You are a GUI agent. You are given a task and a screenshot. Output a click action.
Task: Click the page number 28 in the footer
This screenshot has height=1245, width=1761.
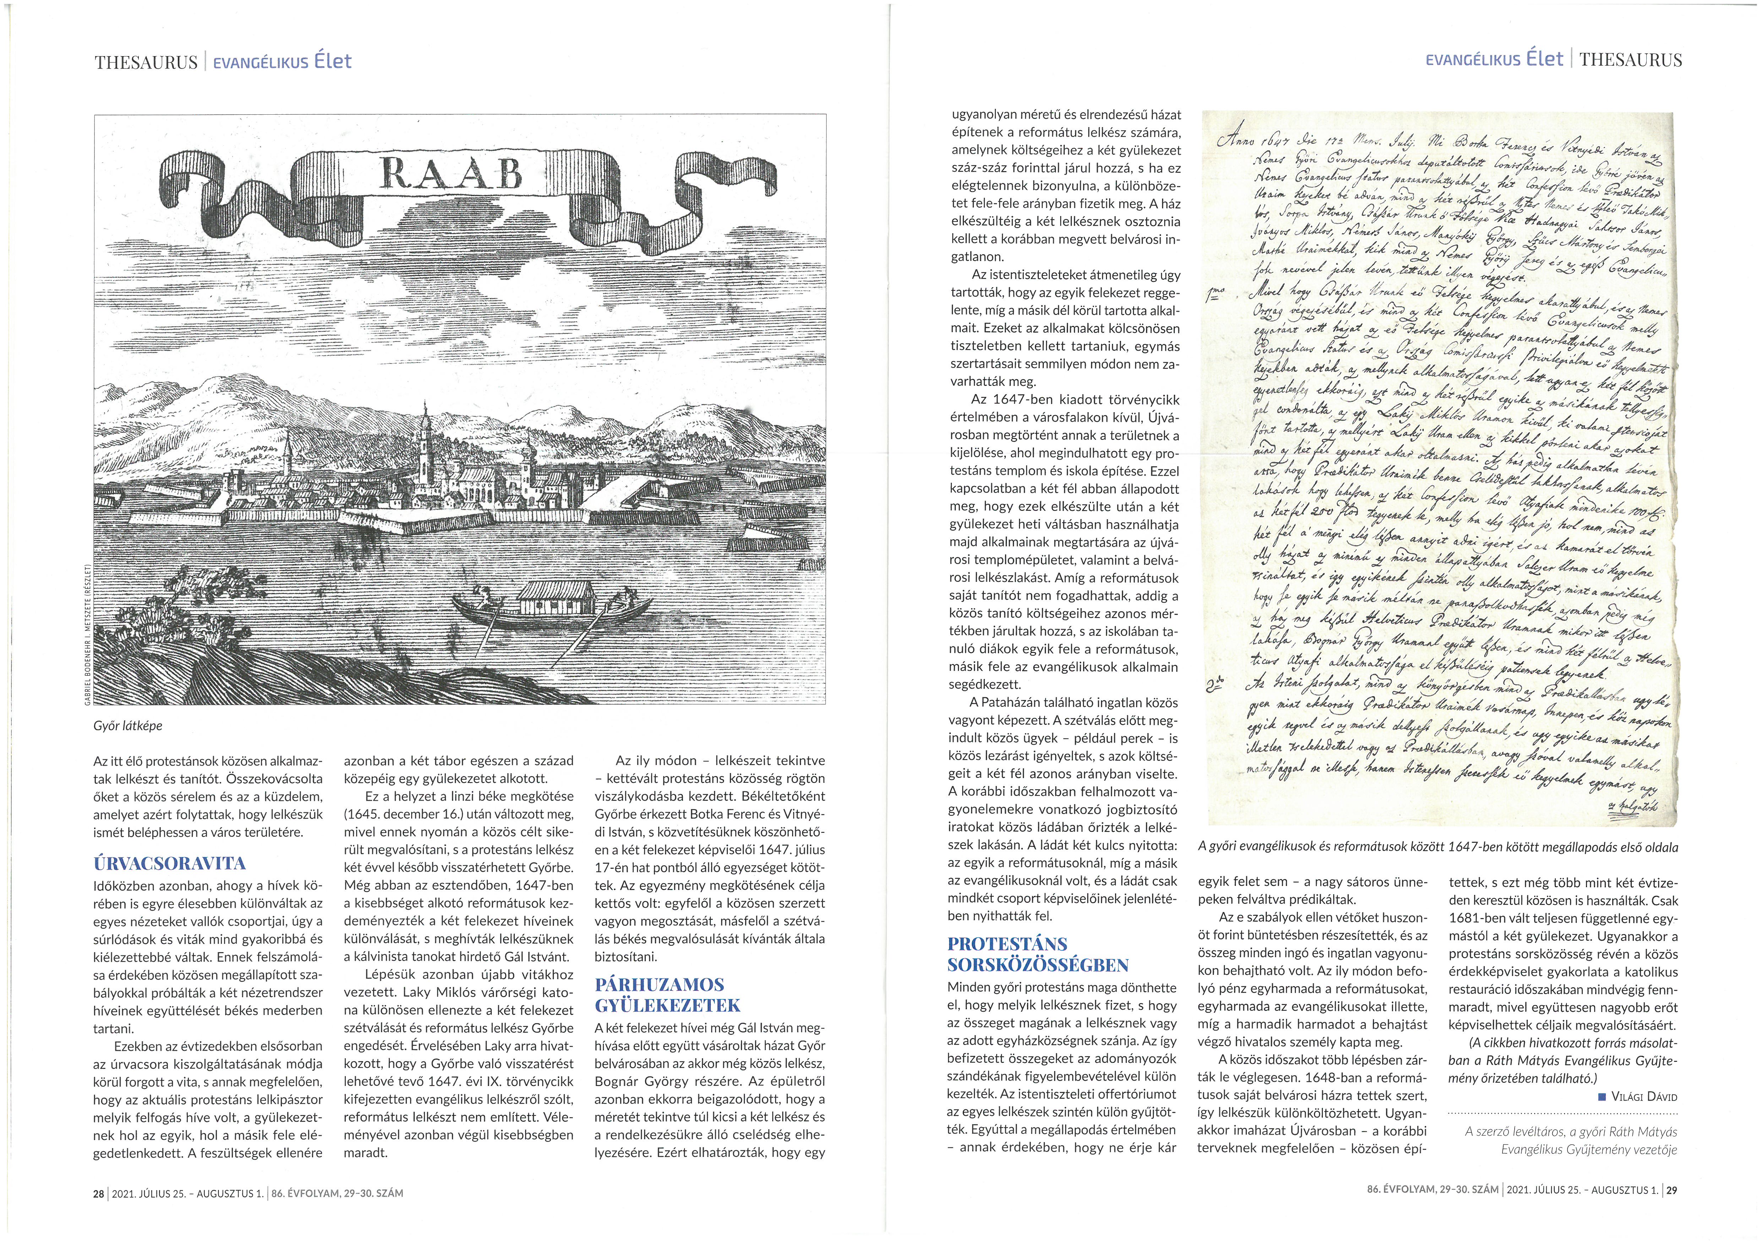click(x=98, y=1194)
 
